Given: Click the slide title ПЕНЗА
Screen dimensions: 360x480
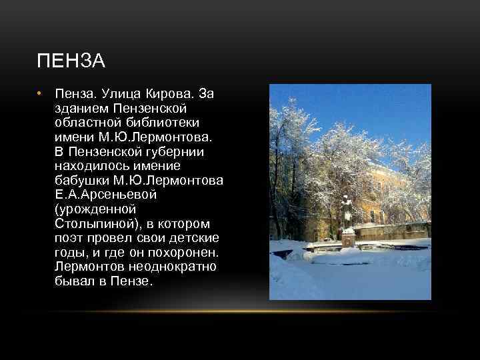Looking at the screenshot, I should point(71,62).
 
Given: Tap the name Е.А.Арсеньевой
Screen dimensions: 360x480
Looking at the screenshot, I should point(109,195).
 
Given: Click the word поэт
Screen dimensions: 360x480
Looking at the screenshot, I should point(68,238).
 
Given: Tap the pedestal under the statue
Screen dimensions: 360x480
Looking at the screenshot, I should point(347,239).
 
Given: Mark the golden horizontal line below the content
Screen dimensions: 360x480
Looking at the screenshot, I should point(240,311).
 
